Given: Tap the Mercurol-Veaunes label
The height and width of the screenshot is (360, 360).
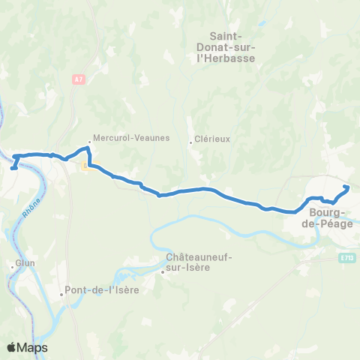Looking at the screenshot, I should pyautogui.click(x=132, y=139).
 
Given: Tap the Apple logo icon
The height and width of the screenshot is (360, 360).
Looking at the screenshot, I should pyautogui.click(x=12, y=347).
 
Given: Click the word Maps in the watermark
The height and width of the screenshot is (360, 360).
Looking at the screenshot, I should pyautogui.click(x=33, y=347).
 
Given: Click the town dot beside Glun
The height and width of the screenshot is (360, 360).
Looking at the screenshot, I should pyautogui.click(x=11, y=265).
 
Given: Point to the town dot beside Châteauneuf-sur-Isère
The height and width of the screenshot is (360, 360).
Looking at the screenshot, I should pyautogui.click(x=162, y=273).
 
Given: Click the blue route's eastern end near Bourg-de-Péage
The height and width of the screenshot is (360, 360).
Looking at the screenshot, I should pyautogui.click(x=346, y=187).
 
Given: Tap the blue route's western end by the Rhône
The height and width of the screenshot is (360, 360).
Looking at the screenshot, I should pyautogui.click(x=13, y=168).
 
